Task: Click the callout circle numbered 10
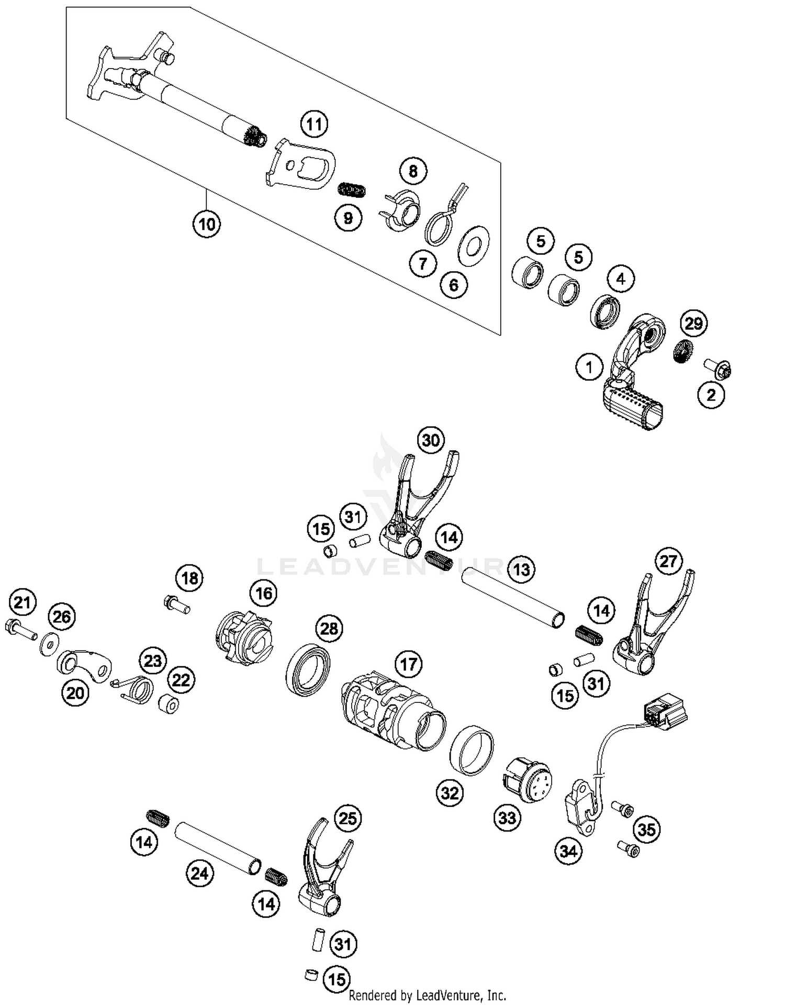point(206,224)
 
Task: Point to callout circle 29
point(693,323)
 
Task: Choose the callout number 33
point(507,817)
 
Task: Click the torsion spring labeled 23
point(138,689)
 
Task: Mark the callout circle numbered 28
point(329,628)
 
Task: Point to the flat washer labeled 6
point(474,246)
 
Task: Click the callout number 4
point(621,278)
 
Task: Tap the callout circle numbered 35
point(647,829)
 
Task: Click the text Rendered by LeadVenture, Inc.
point(427,994)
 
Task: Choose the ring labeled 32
point(472,751)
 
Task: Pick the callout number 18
point(189,578)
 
